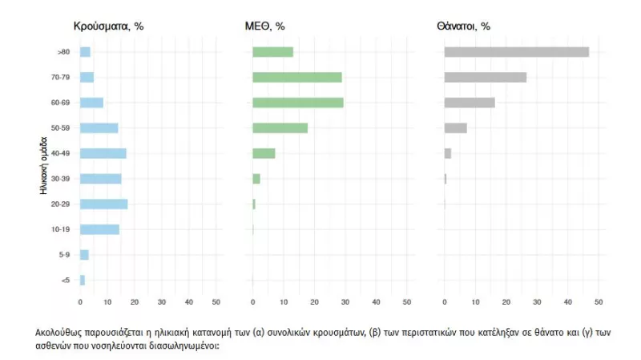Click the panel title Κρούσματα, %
coord(108,26)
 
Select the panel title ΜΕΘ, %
coord(264,26)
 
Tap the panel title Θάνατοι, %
coord(464,26)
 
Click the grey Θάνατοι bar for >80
coord(517,52)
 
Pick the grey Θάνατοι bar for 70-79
coord(486,78)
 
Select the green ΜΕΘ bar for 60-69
coord(298,103)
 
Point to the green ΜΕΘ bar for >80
coord(272,52)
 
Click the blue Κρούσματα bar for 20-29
coord(104,204)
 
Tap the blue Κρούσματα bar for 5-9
coord(84,254)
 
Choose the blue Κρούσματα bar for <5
coord(83,280)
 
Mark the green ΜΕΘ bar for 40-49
coord(264,153)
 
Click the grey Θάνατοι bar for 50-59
coord(455,128)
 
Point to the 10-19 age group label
coord(61,229)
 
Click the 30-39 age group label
coord(61,179)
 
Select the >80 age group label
coord(63,52)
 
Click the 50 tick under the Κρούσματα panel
coord(216,302)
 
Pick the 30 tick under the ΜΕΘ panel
coord(345,302)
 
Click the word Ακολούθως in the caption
coord(58,330)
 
